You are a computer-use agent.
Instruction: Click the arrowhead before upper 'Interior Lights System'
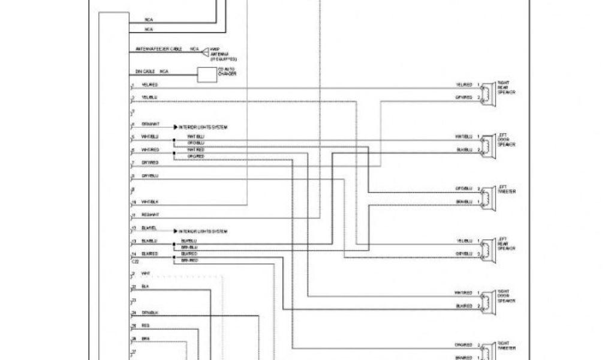click(176, 127)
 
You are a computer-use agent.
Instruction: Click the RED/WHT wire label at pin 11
click(150, 214)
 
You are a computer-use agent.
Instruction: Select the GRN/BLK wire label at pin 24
click(150, 313)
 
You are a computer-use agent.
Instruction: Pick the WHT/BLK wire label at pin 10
click(150, 202)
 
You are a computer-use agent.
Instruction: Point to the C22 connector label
click(135, 262)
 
